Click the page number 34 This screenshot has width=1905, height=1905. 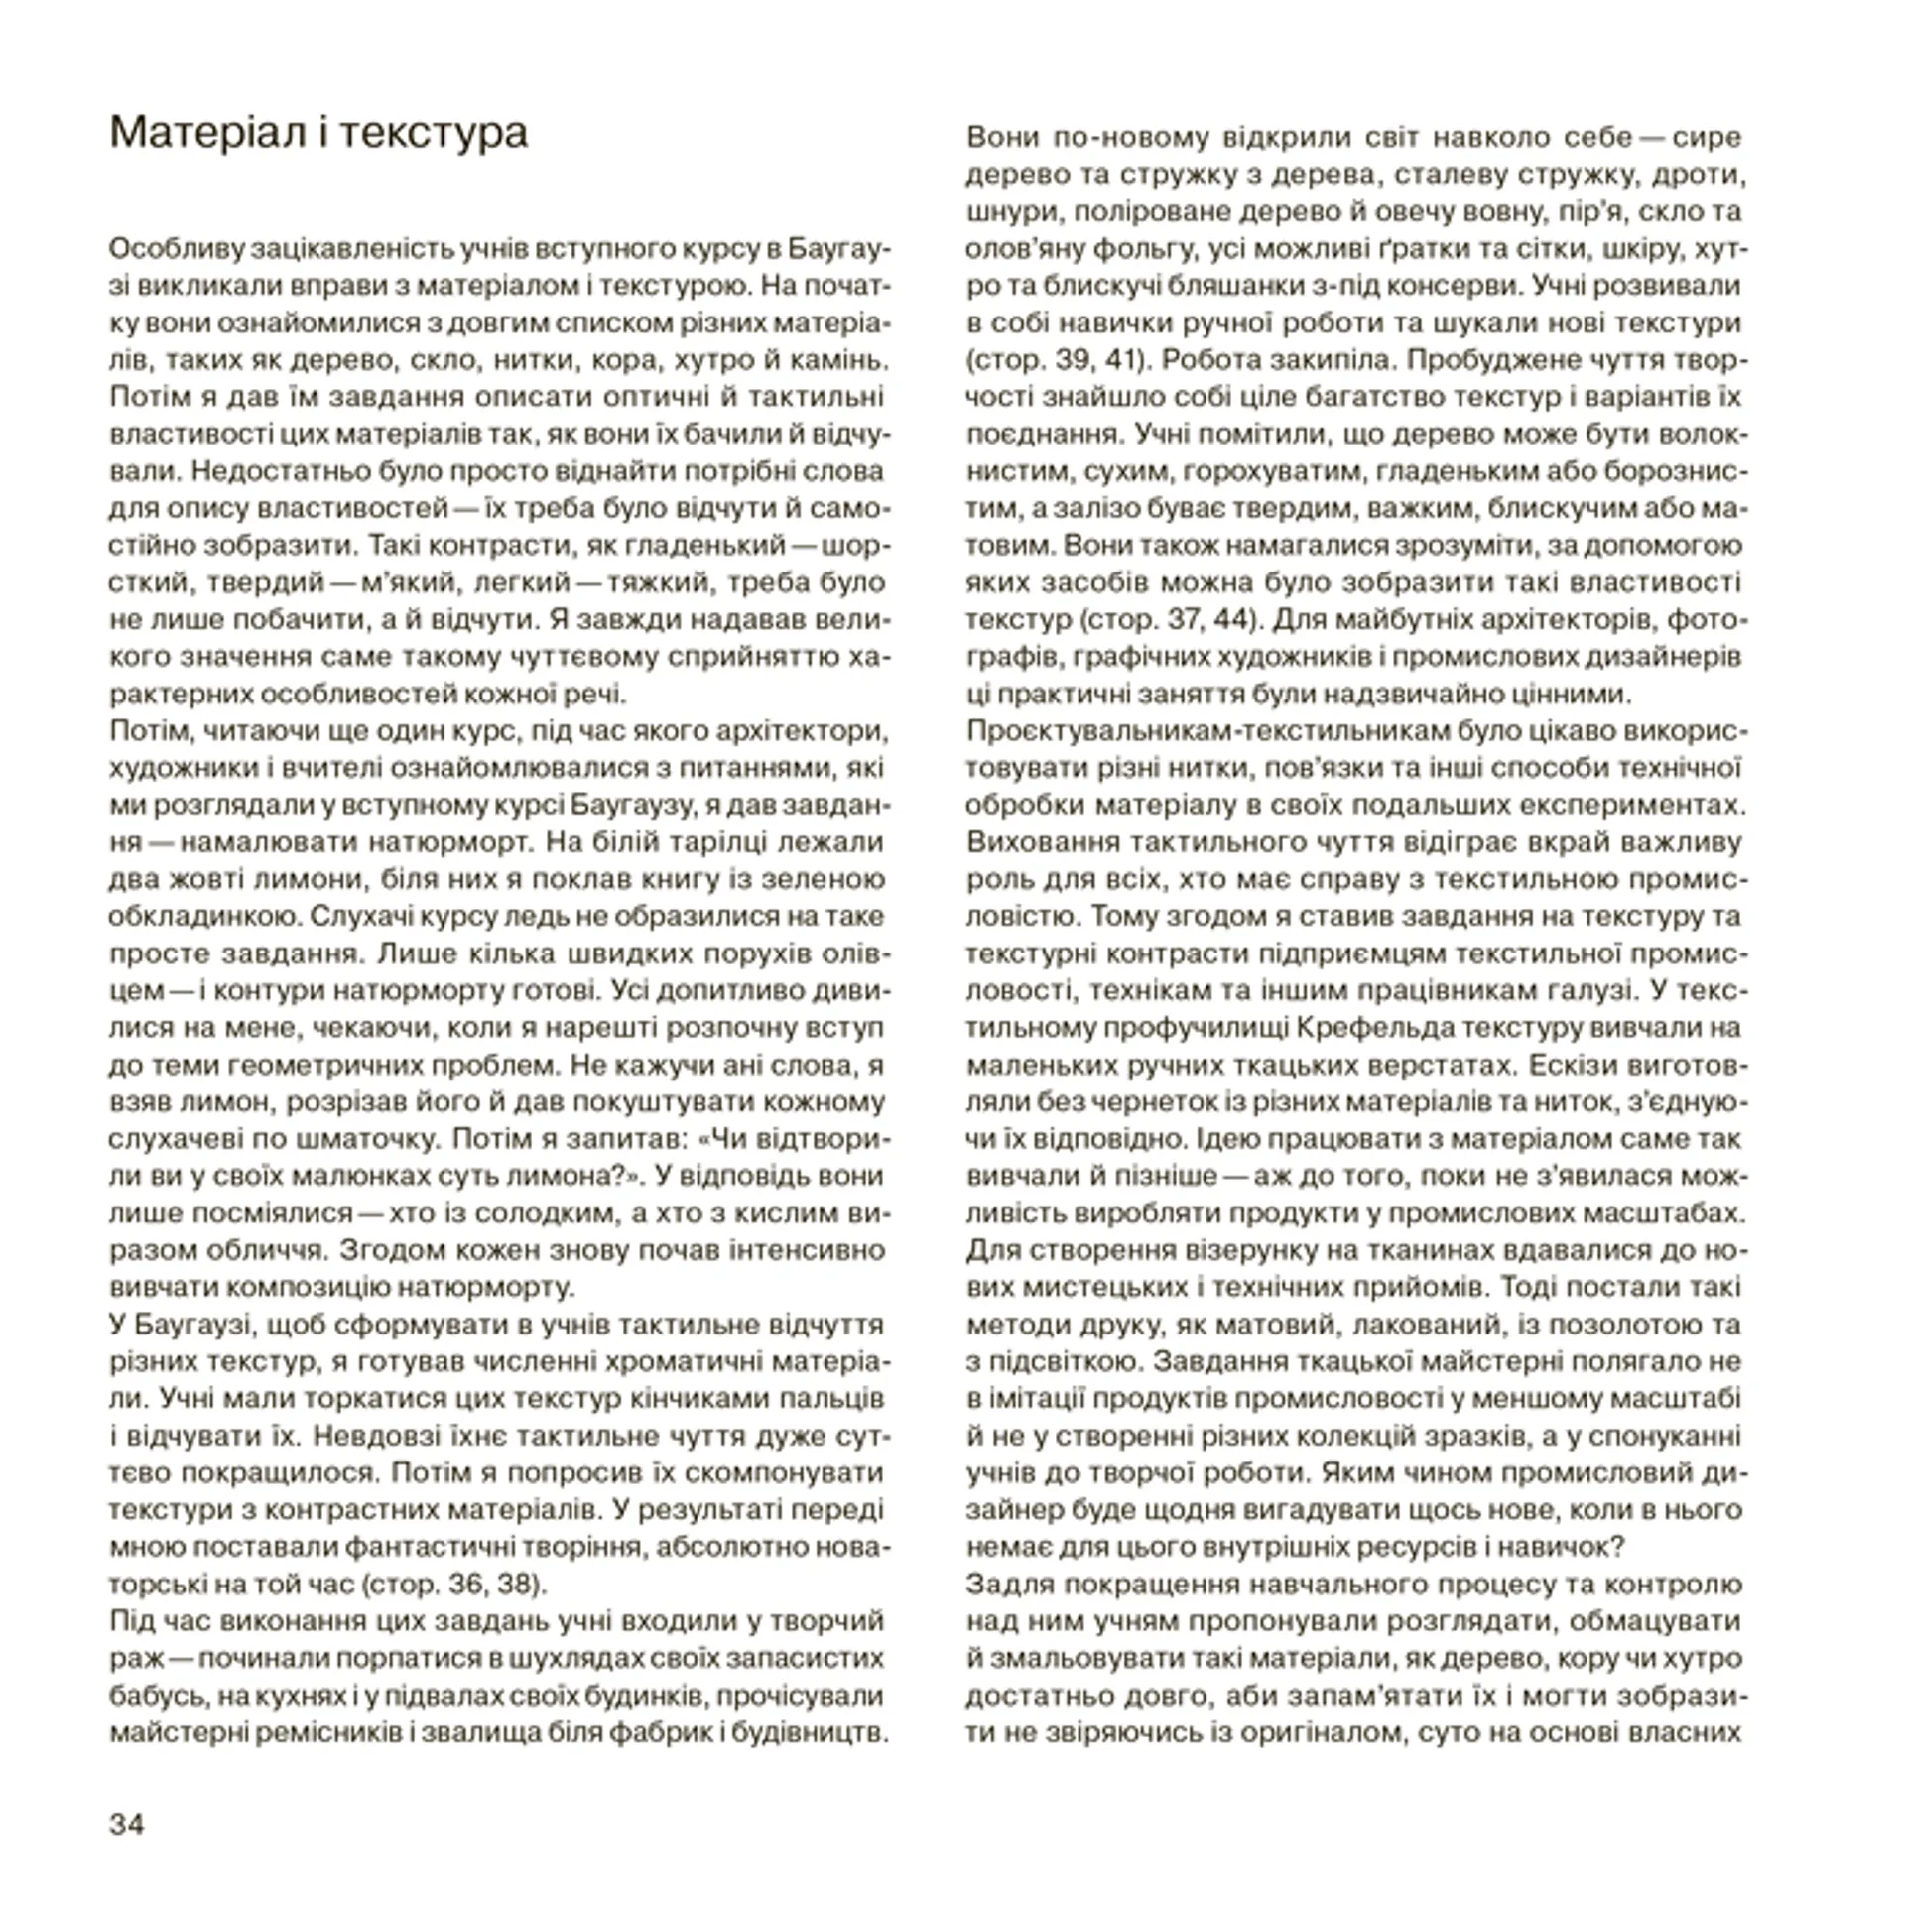click(x=127, y=1824)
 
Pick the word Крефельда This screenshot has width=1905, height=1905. click(x=1374, y=1027)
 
